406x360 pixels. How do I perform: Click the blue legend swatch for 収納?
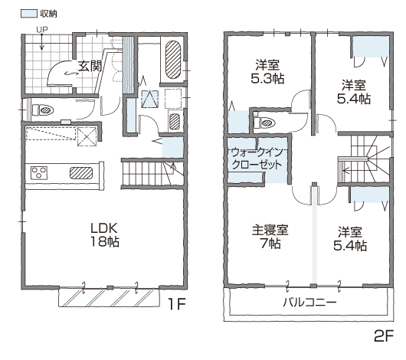(x=29, y=14)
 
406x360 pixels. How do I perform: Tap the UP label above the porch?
(x=42, y=30)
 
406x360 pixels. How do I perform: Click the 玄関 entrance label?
(x=90, y=67)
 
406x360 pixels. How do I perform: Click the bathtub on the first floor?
(x=173, y=60)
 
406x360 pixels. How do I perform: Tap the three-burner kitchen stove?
(x=39, y=173)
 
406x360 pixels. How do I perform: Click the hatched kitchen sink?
(x=81, y=173)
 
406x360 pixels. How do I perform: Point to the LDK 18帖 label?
(x=104, y=235)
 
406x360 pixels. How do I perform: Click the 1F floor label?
(x=177, y=304)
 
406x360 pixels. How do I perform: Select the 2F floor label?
(x=384, y=336)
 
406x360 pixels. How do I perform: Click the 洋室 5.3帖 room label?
(x=267, y=72)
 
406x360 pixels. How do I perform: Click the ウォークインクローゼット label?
(x=257, y=159)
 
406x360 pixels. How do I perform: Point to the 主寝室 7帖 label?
(x=270, y=237)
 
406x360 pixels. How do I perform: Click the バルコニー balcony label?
(x=309, y=303)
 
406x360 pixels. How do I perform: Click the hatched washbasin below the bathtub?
(x=174, y=122)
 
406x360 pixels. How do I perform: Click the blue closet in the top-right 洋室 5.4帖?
(x=371, y=47)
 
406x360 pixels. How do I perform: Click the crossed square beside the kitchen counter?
(x=87, y=136)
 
